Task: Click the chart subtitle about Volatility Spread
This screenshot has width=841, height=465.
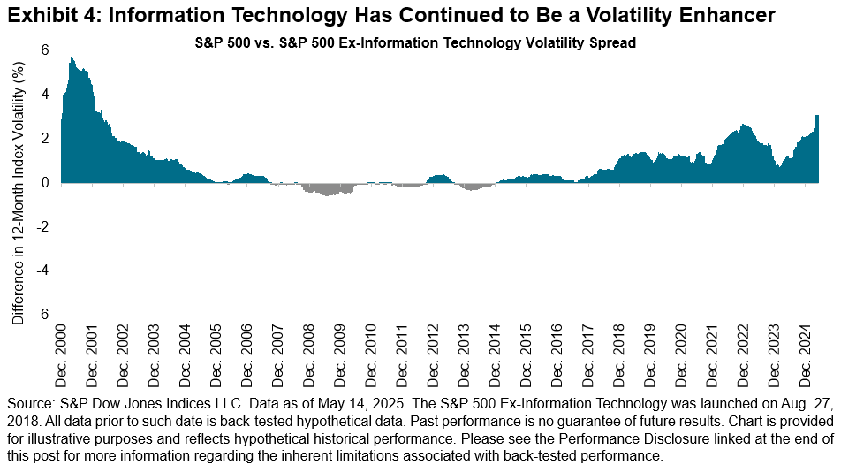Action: (x=415, y=42)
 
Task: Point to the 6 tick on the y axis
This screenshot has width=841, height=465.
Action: (x=42, y=50)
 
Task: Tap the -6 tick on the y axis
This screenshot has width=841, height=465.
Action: (x=40, y=314)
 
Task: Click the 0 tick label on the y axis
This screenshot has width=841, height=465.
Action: (x=42, y=182)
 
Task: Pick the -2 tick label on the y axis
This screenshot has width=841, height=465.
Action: (x=40, y=226)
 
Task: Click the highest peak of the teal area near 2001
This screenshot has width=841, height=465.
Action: (x=72, y=59)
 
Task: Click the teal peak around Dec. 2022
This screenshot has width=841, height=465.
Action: (x=745, y=126)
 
